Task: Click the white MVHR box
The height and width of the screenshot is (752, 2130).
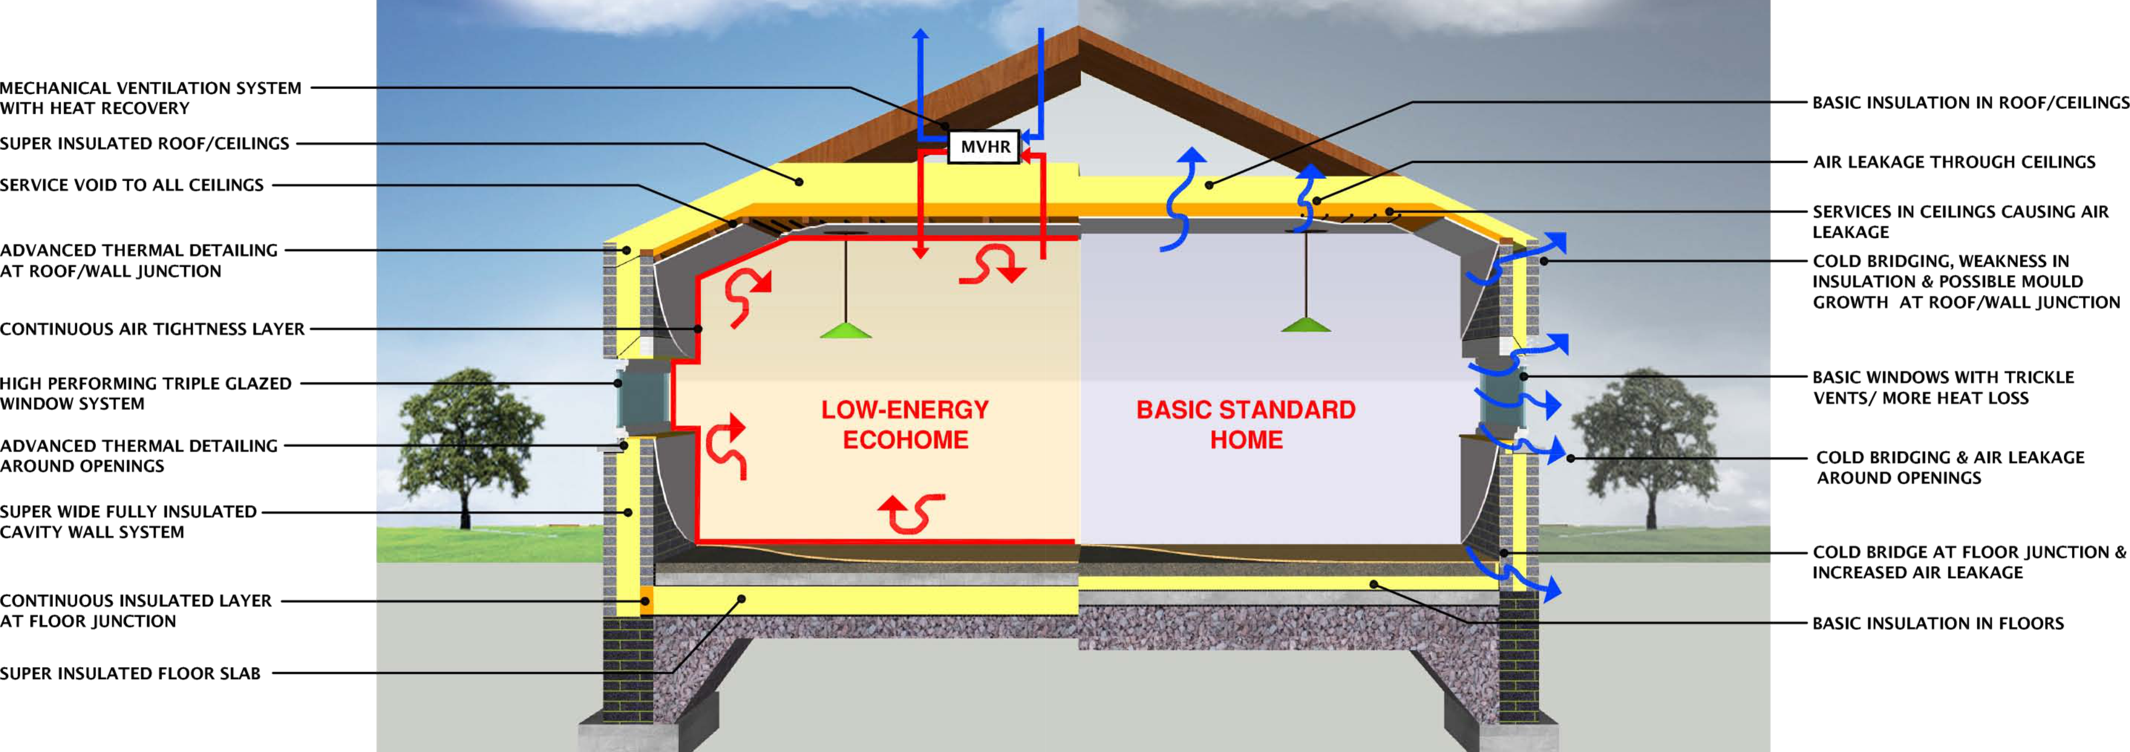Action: click(x=983, y=147)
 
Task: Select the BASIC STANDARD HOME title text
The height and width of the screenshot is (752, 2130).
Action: click(x=1245, y=425)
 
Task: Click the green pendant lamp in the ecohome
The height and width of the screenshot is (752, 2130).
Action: click(x=845, y=329)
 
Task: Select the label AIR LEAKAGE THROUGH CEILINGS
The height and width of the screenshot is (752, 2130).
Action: click(x=1954, y=161)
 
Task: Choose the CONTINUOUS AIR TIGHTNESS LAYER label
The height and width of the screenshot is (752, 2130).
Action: click(x=152, y=328)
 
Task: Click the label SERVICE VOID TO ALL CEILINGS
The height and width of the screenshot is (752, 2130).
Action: click(x=131, y=184)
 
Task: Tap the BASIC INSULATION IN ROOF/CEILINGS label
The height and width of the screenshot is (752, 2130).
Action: click(x=1970, y=102)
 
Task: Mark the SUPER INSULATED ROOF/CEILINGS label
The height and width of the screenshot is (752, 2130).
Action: click(x=145, y=143)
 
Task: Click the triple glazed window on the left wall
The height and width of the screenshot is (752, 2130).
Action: click(x=642, y=400)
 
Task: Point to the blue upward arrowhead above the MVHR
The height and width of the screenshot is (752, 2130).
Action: click(x=920, y=34)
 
